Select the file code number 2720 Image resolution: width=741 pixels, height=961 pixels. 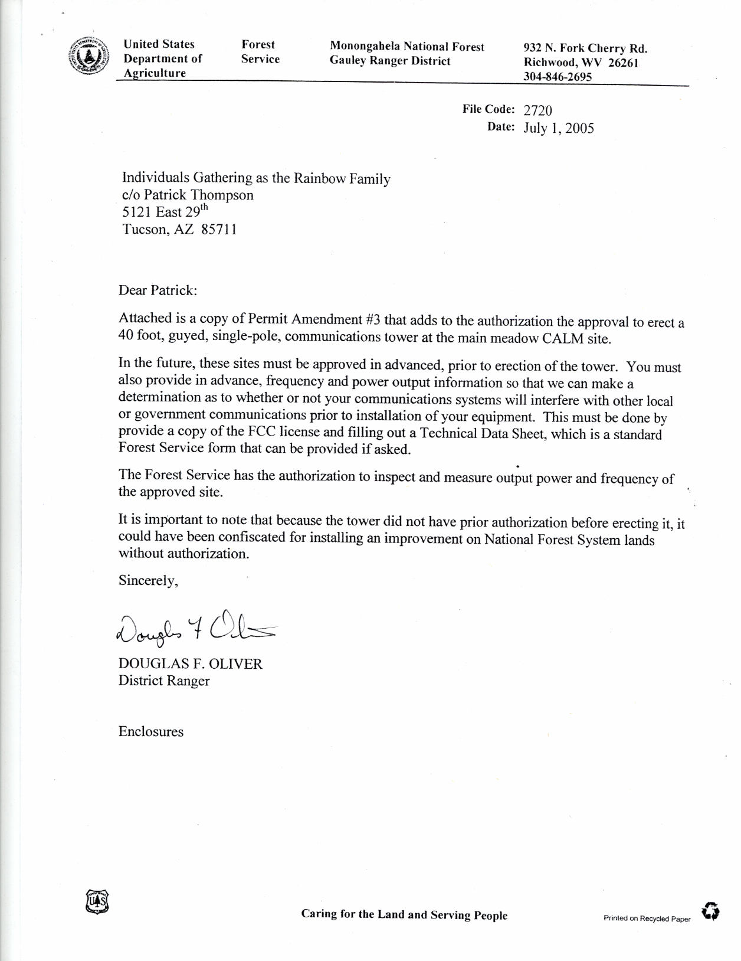(537, 110)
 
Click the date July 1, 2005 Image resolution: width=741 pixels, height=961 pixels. (558, 128)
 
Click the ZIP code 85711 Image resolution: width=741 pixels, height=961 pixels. (219, 230)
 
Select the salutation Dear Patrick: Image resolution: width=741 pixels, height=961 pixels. (158, 290)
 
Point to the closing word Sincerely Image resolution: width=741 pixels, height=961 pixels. (148, 581)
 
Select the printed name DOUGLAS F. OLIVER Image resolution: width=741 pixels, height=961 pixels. (190, 664)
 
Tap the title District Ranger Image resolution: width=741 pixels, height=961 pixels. (164, 681)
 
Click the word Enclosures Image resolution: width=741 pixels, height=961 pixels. (151, 732)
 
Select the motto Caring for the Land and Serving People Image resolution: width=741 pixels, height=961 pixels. (404, 915)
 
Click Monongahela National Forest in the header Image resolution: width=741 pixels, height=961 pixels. (407, 47)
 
